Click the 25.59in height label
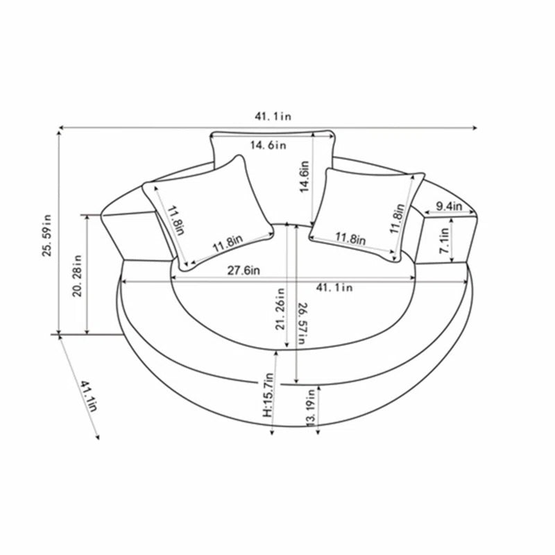(47, 235)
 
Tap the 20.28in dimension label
(77, 275)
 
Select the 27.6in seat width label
(244, 271)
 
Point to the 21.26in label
(280, 309)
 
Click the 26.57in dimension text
(302, 323)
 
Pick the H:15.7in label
(268, 395)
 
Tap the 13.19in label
(310, 408)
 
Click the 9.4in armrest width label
(449, 205)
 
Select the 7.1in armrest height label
(444, 240)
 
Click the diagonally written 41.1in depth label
(88, 396)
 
